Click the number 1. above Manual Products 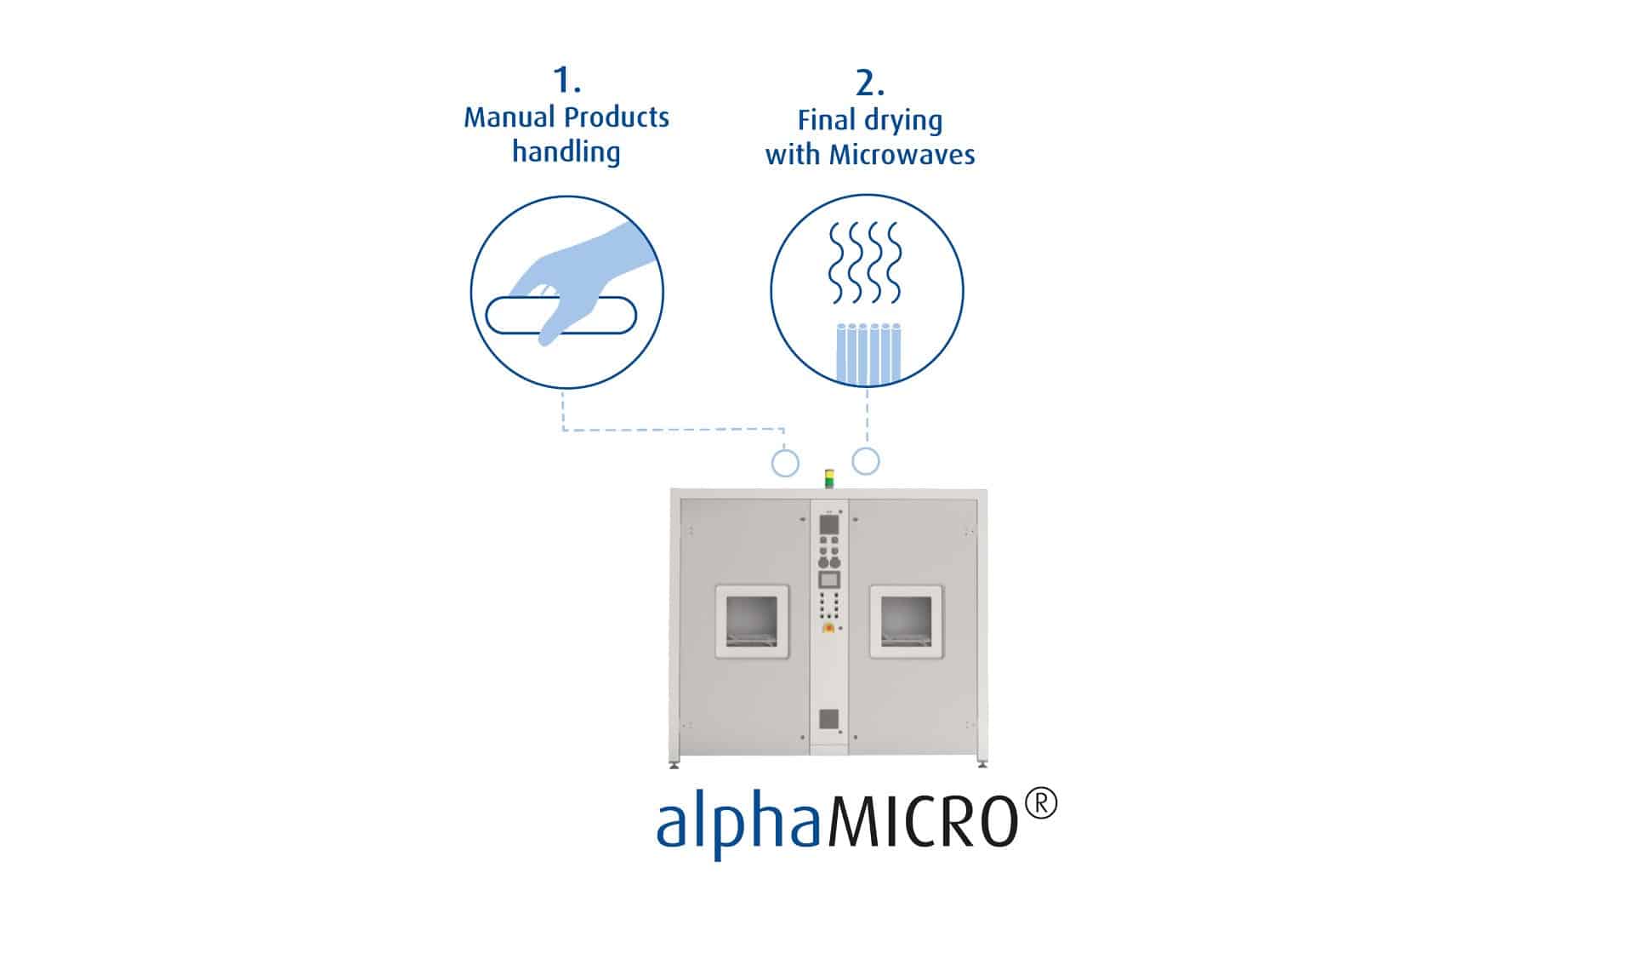[566, 80]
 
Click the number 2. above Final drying [869, 83]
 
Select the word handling [566, 152]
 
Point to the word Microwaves [902, 155]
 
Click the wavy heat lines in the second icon [865, 263]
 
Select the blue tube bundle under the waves [867, 353]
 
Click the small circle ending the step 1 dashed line [785, 464]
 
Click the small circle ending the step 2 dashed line [866, 461]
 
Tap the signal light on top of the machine [829, 478]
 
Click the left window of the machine [752, 621]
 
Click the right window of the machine [906, 621]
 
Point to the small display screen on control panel [828, 579]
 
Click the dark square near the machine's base [829, 719]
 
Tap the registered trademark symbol [1041, 804]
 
